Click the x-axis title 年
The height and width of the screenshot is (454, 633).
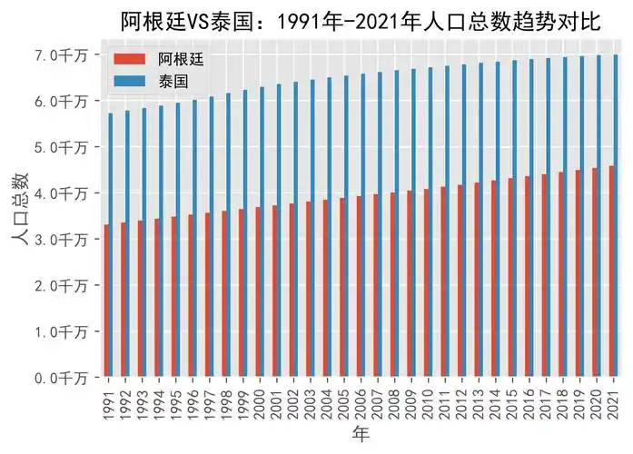[361, 436]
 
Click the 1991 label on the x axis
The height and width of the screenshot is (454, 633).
[109, 400]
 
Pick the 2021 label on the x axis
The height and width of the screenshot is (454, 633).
[615, 400]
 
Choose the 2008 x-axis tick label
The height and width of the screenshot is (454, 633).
[396, 400]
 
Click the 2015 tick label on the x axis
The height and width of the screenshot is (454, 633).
[514, 400]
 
